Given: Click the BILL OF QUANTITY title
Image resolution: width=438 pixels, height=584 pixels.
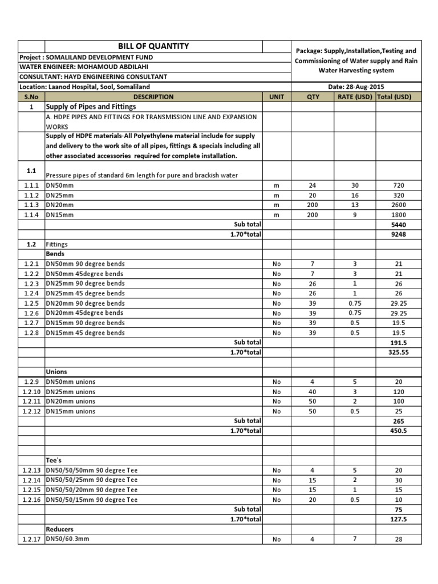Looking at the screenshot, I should tap(153, 46).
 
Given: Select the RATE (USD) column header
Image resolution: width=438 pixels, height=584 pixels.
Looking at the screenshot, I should tap(354, 96).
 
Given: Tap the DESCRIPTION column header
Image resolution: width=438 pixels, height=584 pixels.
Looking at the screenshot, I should tap(153, 96).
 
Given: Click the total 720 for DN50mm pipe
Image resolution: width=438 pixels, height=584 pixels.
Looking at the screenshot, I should tap(399, 185).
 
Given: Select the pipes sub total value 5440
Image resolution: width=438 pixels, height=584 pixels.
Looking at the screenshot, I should tap(399, 225).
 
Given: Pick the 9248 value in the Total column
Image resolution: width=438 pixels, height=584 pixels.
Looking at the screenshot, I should tap(399, 234).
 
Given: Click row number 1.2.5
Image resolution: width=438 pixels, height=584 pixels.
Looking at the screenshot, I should tap(31, 303).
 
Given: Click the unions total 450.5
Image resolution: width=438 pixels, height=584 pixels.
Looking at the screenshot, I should tap(399, 431).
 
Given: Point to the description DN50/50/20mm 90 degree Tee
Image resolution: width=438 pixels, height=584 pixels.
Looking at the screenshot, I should tap(91, 490).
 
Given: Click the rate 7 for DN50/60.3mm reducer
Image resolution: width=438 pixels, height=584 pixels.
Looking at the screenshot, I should tap(354, 538).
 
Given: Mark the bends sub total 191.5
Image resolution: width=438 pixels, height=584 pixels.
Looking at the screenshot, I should tap(399, 343).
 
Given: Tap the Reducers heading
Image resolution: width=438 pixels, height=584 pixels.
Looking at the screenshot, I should tap(60, 529).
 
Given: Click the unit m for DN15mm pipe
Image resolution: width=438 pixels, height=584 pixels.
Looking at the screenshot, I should tap(277, 215).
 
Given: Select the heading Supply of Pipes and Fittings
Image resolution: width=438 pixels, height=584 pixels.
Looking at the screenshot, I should tap(91, 107).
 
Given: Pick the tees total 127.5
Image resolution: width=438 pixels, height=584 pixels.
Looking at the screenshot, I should tap(399, 519).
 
